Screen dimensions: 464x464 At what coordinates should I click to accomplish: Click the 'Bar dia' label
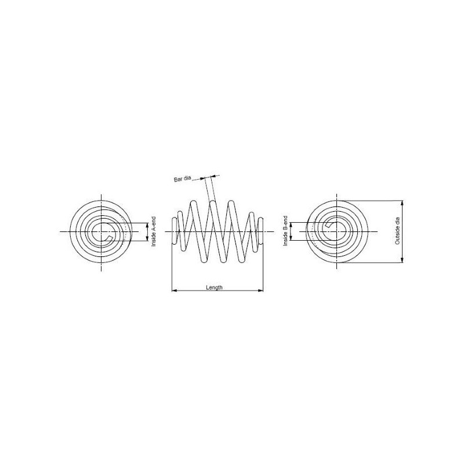pos(183,179)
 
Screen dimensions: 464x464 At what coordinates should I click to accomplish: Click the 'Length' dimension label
pos(214,287)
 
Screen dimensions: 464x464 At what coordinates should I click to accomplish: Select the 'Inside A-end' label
pos(153,231)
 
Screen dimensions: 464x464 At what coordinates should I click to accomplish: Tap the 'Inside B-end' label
pos(285,231)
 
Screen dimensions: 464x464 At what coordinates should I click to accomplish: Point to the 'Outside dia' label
pos(397,231)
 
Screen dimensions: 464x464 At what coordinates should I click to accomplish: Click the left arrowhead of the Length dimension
pos(175,291)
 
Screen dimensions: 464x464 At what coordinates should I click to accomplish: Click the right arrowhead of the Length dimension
pos(260,291)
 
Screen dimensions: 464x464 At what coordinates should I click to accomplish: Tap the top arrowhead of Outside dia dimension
pos(402,204)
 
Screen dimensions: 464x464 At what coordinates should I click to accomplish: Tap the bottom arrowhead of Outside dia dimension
pos(402,260)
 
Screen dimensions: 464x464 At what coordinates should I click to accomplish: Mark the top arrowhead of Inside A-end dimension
pos(147,226)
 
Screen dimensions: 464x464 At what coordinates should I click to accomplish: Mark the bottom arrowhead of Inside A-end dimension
pos(147,238)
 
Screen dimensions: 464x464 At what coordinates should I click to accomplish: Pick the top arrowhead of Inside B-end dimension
pos(291,225)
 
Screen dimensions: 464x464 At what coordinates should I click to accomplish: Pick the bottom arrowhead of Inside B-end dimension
pos(291,238)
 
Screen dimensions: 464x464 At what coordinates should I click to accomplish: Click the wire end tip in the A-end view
pos(109,238)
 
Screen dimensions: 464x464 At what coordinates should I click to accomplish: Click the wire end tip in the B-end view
pos(328,225)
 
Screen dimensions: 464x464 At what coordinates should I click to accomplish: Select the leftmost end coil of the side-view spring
pos(175,231)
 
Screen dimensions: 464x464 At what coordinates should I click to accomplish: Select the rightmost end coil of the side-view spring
pos(260,231)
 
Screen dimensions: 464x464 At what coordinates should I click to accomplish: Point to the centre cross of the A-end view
pos(101,231)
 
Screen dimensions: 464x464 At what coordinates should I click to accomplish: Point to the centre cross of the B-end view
pos(337,231)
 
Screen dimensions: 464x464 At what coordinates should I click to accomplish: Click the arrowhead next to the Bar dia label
pos(203,179)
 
